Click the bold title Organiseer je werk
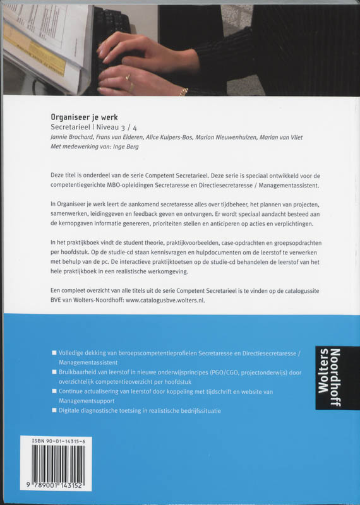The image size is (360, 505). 81,116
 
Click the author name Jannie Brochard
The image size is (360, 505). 75,138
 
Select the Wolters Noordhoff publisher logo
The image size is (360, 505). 329,377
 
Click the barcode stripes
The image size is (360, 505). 57,464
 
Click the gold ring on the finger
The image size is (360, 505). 128,78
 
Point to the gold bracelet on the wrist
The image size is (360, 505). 183,92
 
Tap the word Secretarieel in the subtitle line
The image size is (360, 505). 71,127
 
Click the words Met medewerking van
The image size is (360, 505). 80,148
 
